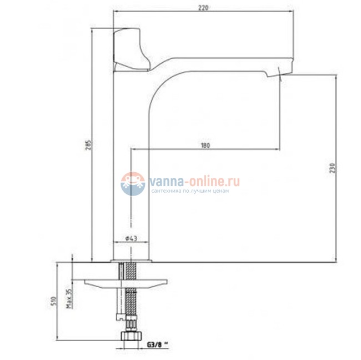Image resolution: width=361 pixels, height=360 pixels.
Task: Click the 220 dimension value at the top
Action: pyautogui.click(x=203, y=8)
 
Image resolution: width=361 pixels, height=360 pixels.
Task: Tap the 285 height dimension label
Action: pyautogui.click(x=89, y=144)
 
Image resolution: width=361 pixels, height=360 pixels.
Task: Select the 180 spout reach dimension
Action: pyautogui.click(x=205, y=146)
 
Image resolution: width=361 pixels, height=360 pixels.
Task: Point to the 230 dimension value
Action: pyautogui.click(x=332, y=168)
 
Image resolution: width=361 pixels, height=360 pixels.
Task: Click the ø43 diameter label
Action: pyautogui.click(x=131, y=238)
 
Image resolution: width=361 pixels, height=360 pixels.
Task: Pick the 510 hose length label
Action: pyautogui.click(x=53, y=302)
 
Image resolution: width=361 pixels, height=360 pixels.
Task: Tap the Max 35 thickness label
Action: pyautogui.click(x=69, y=298)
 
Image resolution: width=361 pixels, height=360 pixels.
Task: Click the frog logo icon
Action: pyautogui.click(x=133, y=184)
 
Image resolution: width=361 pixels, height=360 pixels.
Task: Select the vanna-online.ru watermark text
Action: pyautogui.click(x=194, y=181)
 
